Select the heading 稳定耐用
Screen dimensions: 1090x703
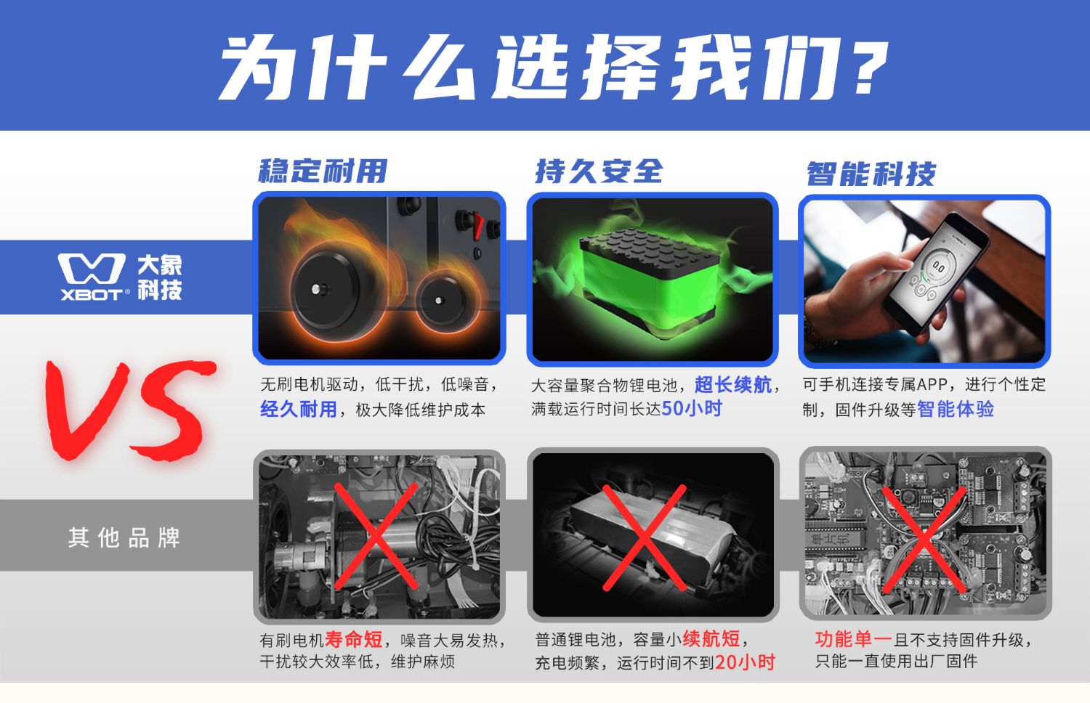[323, 171]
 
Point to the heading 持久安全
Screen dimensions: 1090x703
[599, 171]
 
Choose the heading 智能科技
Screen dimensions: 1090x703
[871, 174]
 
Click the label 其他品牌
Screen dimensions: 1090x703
[124, 537]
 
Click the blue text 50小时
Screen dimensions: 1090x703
[692, 408]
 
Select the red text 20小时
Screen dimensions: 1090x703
[745, 662]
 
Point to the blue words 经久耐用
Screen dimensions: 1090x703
[298, 409]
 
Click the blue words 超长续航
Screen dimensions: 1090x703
[732, 385]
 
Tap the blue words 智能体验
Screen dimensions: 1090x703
[956, 409]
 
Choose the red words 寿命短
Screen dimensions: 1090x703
[353, 639]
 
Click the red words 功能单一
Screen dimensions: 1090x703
[854, 639]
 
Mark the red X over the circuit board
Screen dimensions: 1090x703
[924, 540]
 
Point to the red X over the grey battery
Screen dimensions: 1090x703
[645, 537]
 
